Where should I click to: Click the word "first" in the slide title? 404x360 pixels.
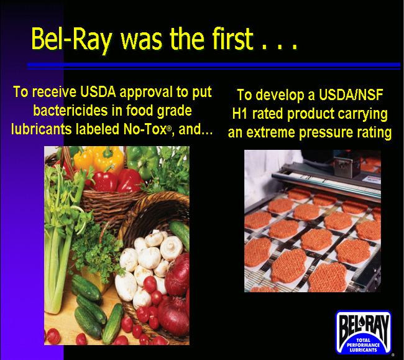(232, 39)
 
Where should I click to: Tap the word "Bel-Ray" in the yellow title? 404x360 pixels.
(71, 40)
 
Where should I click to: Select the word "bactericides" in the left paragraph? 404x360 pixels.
(70, 111)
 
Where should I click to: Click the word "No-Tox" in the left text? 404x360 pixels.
(145, 129)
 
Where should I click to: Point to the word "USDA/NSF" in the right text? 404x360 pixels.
(351, 95)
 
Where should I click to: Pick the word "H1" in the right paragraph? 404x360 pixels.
(240, 114)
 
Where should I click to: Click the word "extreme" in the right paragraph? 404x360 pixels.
(270, 132)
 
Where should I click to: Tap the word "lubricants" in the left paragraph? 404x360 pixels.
(41, 129)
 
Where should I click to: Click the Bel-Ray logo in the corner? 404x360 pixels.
(364, 333)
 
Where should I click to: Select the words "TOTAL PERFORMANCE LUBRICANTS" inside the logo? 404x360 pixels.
(363, 345)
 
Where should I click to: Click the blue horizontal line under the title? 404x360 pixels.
(214, 66)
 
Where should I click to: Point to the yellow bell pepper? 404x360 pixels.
(99, 158)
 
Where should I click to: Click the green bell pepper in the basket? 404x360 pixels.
(142, 160)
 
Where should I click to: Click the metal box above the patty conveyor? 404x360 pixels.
(347, 165)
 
